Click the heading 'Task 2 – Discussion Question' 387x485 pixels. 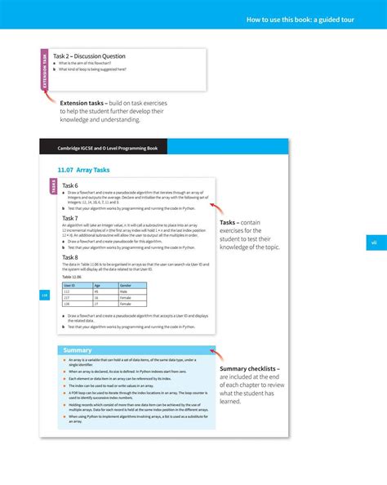pos(89,56)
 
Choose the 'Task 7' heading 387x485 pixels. pos(71,218)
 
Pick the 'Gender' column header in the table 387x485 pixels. pos(127,285)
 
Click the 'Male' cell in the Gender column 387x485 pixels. pos(124,291)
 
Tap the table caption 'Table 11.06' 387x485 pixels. pos(73,277)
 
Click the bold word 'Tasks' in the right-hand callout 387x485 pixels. pos(229,222)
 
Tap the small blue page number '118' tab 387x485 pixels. pos(45,296)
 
